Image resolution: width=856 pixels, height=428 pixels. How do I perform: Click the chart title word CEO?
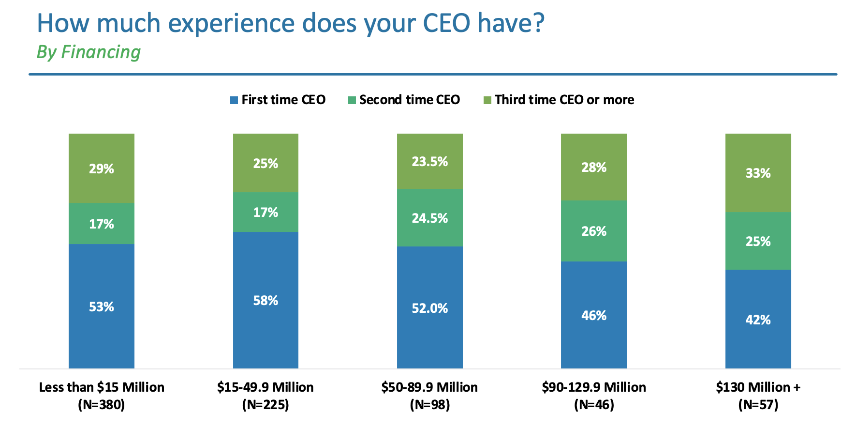(x=446, y=23)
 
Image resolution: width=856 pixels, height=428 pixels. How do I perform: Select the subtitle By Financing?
(x=89, y=52)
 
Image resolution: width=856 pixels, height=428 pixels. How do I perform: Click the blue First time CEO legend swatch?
(x=234, y=100)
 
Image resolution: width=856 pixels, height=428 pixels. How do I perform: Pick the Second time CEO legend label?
(x=410, y=100)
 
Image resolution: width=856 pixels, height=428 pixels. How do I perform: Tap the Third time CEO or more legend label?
(x=564, y=100)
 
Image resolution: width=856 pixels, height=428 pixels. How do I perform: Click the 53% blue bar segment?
(x=102, y=306)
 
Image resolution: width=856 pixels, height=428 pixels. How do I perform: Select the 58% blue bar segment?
(x=266, y=300)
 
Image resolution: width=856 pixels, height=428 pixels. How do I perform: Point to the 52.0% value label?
(x=429, y=308)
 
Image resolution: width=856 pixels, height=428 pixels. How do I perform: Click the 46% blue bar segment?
(x=594, y=315)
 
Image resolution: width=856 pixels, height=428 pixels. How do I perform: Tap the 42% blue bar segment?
(x=758, y=320)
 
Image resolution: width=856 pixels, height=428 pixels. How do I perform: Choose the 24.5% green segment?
(x=429, y=218)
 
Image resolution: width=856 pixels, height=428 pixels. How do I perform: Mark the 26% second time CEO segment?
(x=594, y=231)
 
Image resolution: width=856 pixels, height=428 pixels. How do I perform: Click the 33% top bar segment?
(x=758, y=173)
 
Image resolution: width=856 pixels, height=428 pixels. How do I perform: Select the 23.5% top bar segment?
(x=429, y=161)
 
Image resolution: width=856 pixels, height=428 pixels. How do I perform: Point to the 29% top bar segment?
(x=102, y=168)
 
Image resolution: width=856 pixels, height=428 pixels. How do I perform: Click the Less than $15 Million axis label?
(x=102, y=387)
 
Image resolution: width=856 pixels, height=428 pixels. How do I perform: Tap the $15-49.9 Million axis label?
(x=266, y=387)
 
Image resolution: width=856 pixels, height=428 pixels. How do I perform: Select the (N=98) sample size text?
(x=429, y=405)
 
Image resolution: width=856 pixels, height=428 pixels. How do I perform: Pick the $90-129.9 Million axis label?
(x=594, y=387)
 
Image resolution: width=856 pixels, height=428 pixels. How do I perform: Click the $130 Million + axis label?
(x=758, y=387)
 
